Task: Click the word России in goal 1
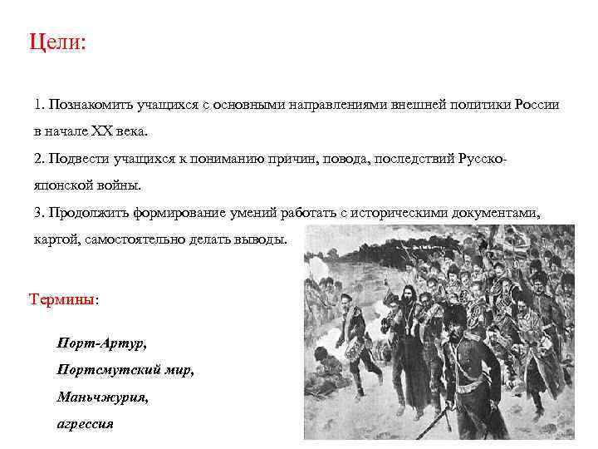[537, 106]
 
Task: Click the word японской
[62, 185]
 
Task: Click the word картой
[54, 239]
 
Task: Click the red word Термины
[62, 299]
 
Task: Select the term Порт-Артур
[101, 343]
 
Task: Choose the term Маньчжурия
[102, 397]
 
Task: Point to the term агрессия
[85, 423]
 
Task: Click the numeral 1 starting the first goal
[38, 106]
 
